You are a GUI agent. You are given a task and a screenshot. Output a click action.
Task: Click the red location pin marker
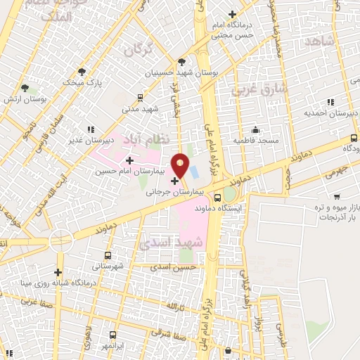click(x=181, y=167)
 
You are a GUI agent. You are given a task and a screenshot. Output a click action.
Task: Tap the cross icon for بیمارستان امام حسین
click(x=129, y=161)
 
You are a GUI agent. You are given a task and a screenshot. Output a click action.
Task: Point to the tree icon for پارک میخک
click(x=82, y=72)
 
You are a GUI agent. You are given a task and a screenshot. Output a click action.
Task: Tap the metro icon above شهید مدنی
click(x=141, y=98)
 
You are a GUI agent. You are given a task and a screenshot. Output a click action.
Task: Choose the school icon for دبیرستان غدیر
click(x=89, y=130)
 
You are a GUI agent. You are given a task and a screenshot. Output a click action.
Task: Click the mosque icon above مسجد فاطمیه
click(x=255, y=130)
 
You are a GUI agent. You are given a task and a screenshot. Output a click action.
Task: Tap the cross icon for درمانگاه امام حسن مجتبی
click(x=233, y=15)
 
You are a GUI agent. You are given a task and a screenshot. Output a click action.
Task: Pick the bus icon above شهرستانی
click(x=108, y=256)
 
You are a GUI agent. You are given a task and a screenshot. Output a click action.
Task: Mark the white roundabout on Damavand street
click(x=60, y=240)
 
